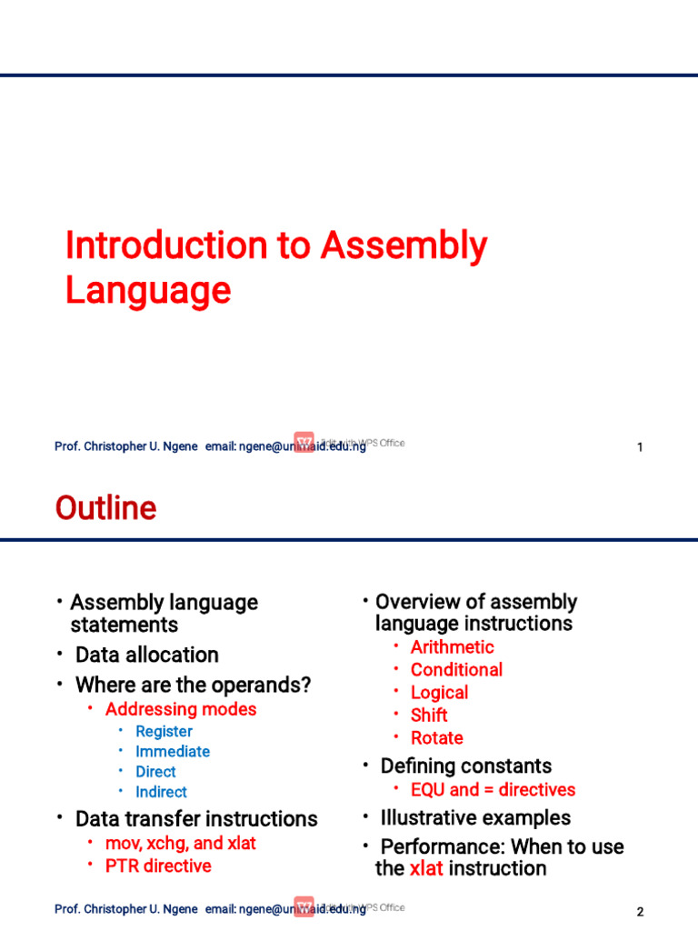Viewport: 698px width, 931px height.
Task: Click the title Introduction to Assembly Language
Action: [275, 267]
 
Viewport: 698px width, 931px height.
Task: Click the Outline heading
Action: [105, 508]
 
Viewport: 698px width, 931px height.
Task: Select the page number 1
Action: [640, 447]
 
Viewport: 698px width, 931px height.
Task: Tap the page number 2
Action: [640, 912]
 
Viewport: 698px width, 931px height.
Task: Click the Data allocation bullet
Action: [146, 655]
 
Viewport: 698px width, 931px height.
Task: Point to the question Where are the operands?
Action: [193, 685]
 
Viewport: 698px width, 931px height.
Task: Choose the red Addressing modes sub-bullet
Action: [181, 709]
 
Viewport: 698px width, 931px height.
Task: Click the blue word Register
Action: [164, 731]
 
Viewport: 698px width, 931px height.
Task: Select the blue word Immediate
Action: [173, 751]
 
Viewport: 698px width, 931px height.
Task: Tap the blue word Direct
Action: [155, 772]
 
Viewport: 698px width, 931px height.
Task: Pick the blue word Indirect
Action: [161, 792]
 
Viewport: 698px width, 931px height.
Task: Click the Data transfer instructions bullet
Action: [196, 818]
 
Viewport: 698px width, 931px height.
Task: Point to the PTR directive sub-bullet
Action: [158, 866]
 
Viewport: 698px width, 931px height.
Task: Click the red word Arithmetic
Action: [453, 647]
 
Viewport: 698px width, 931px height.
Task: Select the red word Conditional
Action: [456, 670]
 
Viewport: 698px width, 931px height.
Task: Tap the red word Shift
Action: [429, 716]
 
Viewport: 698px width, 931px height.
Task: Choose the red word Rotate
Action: [437, 738]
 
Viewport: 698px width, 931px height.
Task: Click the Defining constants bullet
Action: [465, 766]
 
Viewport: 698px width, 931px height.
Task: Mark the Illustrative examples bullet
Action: [475, 817]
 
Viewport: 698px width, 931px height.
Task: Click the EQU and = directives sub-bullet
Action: [493, 790]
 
